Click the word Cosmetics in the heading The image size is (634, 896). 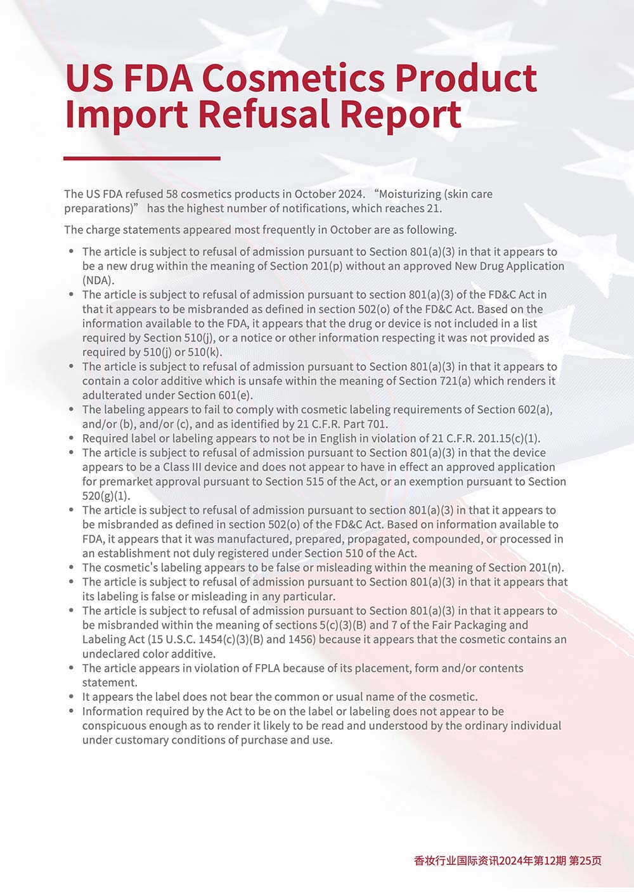pyautogui.click(x=293, y=79)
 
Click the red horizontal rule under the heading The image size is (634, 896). pyautogui.click(x=142, y=158)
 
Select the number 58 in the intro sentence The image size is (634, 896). pyautogui.click(x=172, y=194)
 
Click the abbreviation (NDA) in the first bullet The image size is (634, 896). pyautogui.click(x=98, y=280)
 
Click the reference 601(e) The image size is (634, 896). pyautogui.click(x=236, y=395)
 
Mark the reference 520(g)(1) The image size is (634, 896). pyautogui.click(x=106, y=496)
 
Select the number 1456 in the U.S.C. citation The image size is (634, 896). pyautogui.click(x=301, y=639)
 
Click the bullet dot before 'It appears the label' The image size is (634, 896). pyautogui.click(x=72, y=697)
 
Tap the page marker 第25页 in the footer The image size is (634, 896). pyautogui.click(x=586, y=861)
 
